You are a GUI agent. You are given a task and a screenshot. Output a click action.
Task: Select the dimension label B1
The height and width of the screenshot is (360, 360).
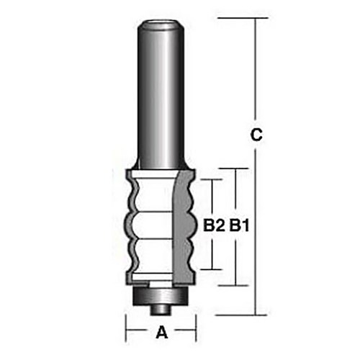pos(239,226)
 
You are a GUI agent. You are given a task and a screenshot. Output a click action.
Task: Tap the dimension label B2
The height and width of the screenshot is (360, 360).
pos(211,226)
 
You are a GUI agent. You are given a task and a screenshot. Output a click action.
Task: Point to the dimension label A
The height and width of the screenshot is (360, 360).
pos(162,332)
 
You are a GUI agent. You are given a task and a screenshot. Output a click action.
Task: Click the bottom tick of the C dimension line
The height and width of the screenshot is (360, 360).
pos(255,315)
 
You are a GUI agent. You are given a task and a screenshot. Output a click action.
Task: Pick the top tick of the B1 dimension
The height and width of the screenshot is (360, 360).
pos(238,168)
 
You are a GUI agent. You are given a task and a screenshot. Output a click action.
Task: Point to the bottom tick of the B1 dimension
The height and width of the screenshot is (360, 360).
pos(238,286)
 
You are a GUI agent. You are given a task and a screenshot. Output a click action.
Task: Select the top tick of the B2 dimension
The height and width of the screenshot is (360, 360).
pos(211,180)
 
